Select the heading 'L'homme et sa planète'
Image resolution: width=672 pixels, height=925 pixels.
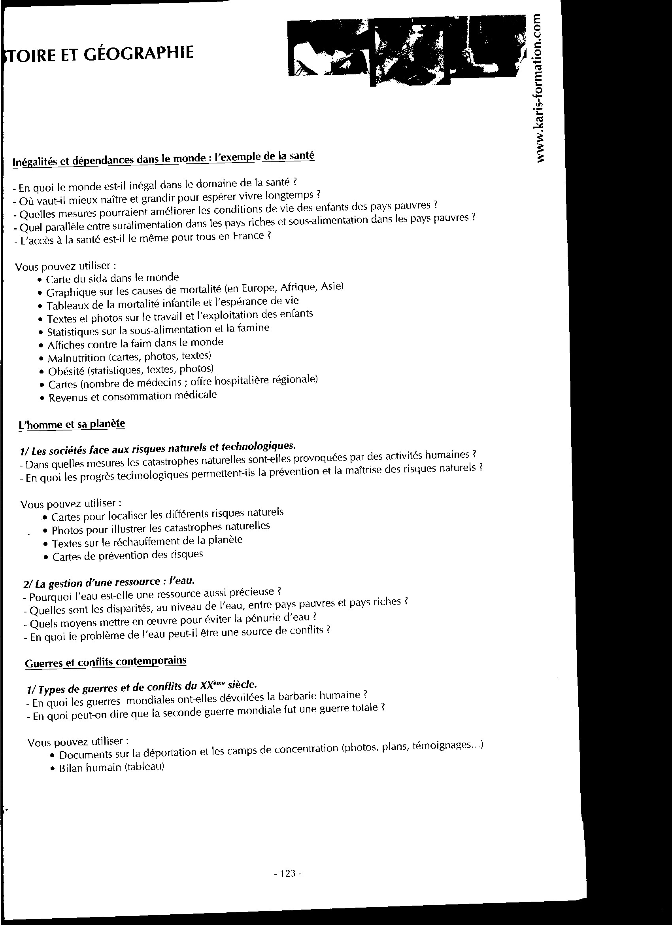click(72, 424)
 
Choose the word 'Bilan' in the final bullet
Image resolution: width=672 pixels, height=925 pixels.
click(73, 768)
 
